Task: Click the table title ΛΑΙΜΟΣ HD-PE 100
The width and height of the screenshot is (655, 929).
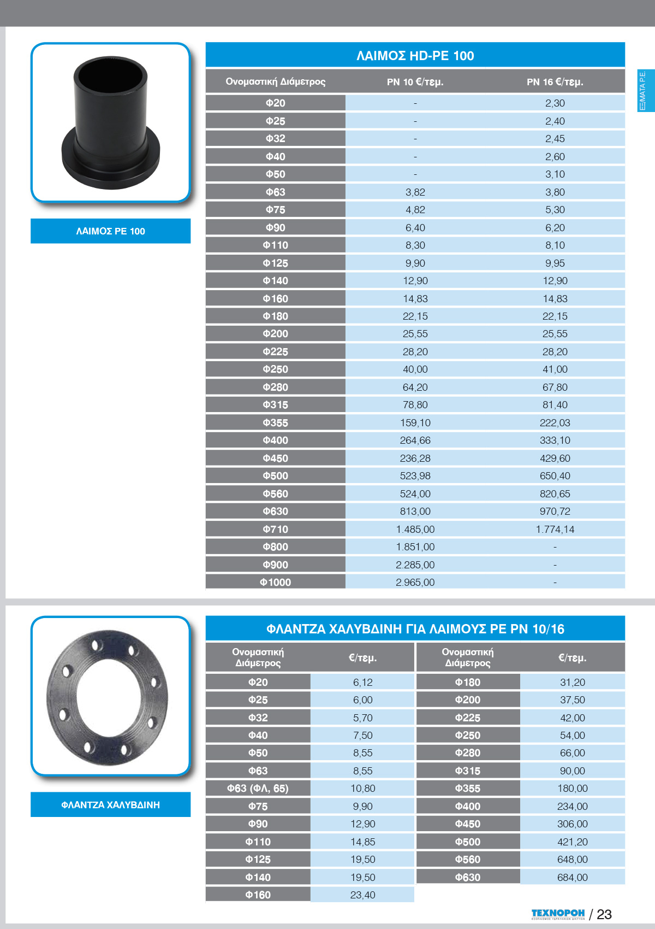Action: pyautogui.click(x=415, y=56)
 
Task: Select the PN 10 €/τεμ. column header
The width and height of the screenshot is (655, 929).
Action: pyautogui.click(x=415, y=82)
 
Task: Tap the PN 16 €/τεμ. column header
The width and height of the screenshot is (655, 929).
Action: pyautogui.click(x=555, y=82)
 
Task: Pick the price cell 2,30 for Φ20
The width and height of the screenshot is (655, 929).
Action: pyautogui.click(x=555, y=103)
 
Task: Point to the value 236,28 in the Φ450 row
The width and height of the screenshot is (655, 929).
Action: pyautogui.click(x=415, y=458)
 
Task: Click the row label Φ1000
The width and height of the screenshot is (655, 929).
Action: pyautogui.click(x=275, y=583)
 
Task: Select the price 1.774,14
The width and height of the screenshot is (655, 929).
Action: pyautogui.click(x=555, y=530)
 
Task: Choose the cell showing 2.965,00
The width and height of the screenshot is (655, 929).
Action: pyautogui.click(x=415, y=583)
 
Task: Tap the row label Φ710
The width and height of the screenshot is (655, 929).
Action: pyautogui.click(x=275, y=530)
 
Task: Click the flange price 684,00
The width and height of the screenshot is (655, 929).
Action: pyautogui.click(x=572, y=878)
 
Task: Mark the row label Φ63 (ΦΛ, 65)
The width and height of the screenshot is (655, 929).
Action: pyautogui.click(x=258, y=789)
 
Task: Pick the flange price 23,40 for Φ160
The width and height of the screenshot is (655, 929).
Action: pyautogui.click(x=362, y=895)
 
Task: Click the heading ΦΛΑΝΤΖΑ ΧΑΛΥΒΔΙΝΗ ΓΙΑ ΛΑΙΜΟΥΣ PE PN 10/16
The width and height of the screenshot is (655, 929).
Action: pyautogui.click(x=415, y=629)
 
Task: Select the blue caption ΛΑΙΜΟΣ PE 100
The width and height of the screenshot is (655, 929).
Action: pyautogui.click(x=110, y=231)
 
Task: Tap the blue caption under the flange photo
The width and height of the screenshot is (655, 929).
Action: pyautogui.click(x=110, y=805)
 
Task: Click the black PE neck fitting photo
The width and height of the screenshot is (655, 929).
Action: pyautogui.click(x=111, y=123)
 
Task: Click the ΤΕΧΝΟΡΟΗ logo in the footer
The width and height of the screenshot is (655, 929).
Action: pyautogui.click(x=557, y=914)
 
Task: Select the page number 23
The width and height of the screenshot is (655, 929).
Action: pyautogui.click(x=604, y=914)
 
